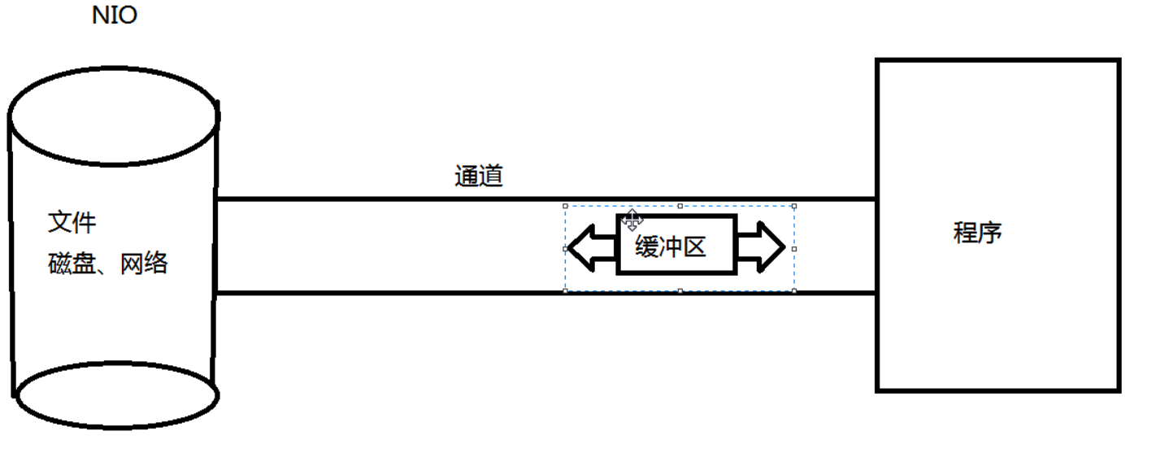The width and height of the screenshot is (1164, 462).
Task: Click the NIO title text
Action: [x=115, y=16]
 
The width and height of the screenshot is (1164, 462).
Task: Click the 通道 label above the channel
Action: [x=478, y=177]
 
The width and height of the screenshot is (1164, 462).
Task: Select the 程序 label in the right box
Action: [x=977, y=233]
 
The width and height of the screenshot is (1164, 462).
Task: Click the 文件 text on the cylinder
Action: [x=72, y=221]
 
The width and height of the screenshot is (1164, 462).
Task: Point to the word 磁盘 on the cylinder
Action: [x=72, y=264]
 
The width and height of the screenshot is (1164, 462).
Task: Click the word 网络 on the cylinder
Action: [x=144, y=264]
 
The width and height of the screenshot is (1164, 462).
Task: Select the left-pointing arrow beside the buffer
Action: [x=592, y=247]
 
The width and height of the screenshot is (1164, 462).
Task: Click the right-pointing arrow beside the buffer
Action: [x=761, y=247]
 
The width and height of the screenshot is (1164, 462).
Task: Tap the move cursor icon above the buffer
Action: [x=632, y=219]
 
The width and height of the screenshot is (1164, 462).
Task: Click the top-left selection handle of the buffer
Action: [x=566, y=206]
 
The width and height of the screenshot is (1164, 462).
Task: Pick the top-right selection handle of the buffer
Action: [x=794, y=206]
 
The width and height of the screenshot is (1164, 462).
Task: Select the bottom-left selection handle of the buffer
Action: [x=566, y=290]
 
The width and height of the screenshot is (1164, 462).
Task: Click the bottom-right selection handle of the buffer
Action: [x=794, y=290]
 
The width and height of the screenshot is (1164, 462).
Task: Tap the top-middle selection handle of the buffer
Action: [x=680, y=206]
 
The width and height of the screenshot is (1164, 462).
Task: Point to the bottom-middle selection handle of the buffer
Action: [x=680, y=290]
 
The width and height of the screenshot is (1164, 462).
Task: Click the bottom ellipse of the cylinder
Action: [x=117, y=394]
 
